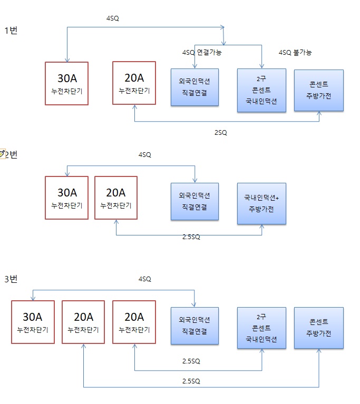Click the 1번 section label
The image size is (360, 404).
click(11, 31)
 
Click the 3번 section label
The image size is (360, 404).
click(11, 279)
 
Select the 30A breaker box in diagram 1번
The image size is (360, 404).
click(67, 83)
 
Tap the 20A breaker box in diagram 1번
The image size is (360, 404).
click(134, 83)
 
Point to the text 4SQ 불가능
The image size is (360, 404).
click(295, 53)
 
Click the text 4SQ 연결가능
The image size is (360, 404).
click(201, 53)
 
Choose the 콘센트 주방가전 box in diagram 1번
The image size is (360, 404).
click(318, 90)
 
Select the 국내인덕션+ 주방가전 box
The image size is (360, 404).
click(261, 203)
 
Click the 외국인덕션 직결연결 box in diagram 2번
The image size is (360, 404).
click(194, 201)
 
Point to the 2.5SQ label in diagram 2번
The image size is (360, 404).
click(191, 237)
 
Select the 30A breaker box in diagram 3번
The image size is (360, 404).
click(33, 322)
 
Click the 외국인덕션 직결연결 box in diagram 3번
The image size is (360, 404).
click(194, 326)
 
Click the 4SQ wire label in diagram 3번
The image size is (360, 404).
click(144, 279)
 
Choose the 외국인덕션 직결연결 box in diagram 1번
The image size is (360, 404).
click(194, 87)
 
